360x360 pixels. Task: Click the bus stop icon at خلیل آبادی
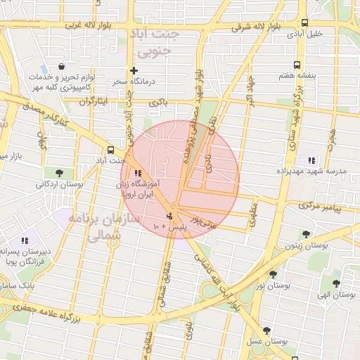[x=304, y=22]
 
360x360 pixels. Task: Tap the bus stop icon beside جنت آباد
[x=110, y=150]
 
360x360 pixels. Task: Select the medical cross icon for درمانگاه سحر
[x=134, y=71]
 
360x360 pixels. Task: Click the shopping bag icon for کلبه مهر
[x=62, y=66]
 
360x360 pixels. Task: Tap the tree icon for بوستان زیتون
[x=305, y=234]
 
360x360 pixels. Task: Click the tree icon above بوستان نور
[x=273, y=275]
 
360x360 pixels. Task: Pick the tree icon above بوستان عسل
[x=266, y=330]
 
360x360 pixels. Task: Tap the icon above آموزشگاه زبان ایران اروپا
[x=137, y=173]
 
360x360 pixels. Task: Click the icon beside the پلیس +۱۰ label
[x=169, y=216]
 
